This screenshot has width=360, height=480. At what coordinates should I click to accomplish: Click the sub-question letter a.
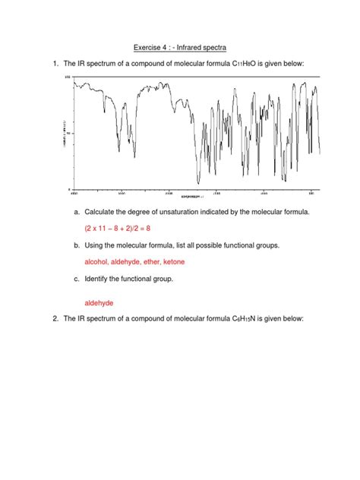[x=76, y=210]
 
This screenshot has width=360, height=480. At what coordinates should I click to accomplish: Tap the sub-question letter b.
[x=76, y=245]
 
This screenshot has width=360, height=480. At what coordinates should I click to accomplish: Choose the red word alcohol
[x=96, y=261]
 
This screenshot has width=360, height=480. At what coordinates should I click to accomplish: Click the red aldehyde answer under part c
[x=99, y=302]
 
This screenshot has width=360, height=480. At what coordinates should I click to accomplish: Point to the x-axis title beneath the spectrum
[x=192, y=195]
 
